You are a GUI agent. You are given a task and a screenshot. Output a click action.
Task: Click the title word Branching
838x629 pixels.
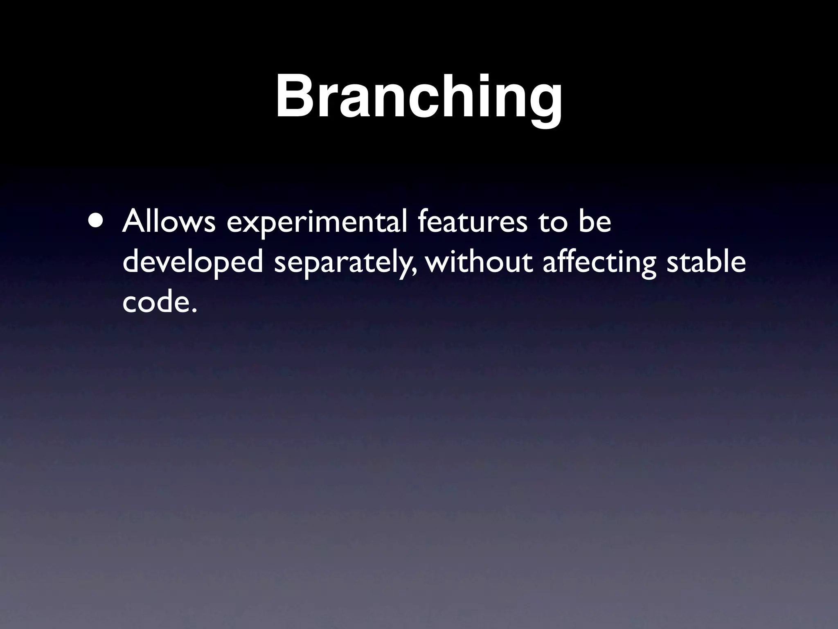[419, 97]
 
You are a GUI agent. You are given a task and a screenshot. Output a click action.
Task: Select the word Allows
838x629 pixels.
[169, 222]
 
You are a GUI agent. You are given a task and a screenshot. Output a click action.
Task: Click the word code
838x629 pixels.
[153, 303]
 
